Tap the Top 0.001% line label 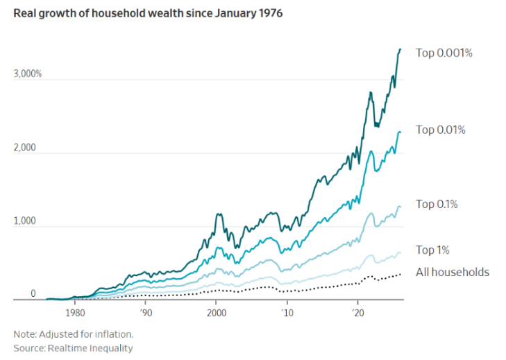pyautogui.click(x=444, y=52)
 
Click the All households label pyautogui.click(x=452, y=272)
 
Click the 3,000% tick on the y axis pyautogui.click(x=28, y=74)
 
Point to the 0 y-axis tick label pyautogui.click(x=32, y=295)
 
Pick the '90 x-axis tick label pyautogui.click(x=145, y=312)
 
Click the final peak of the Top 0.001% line pyautogui.click(x=400, y=49)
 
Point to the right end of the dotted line pyautogui.click(x=401, y=275)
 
